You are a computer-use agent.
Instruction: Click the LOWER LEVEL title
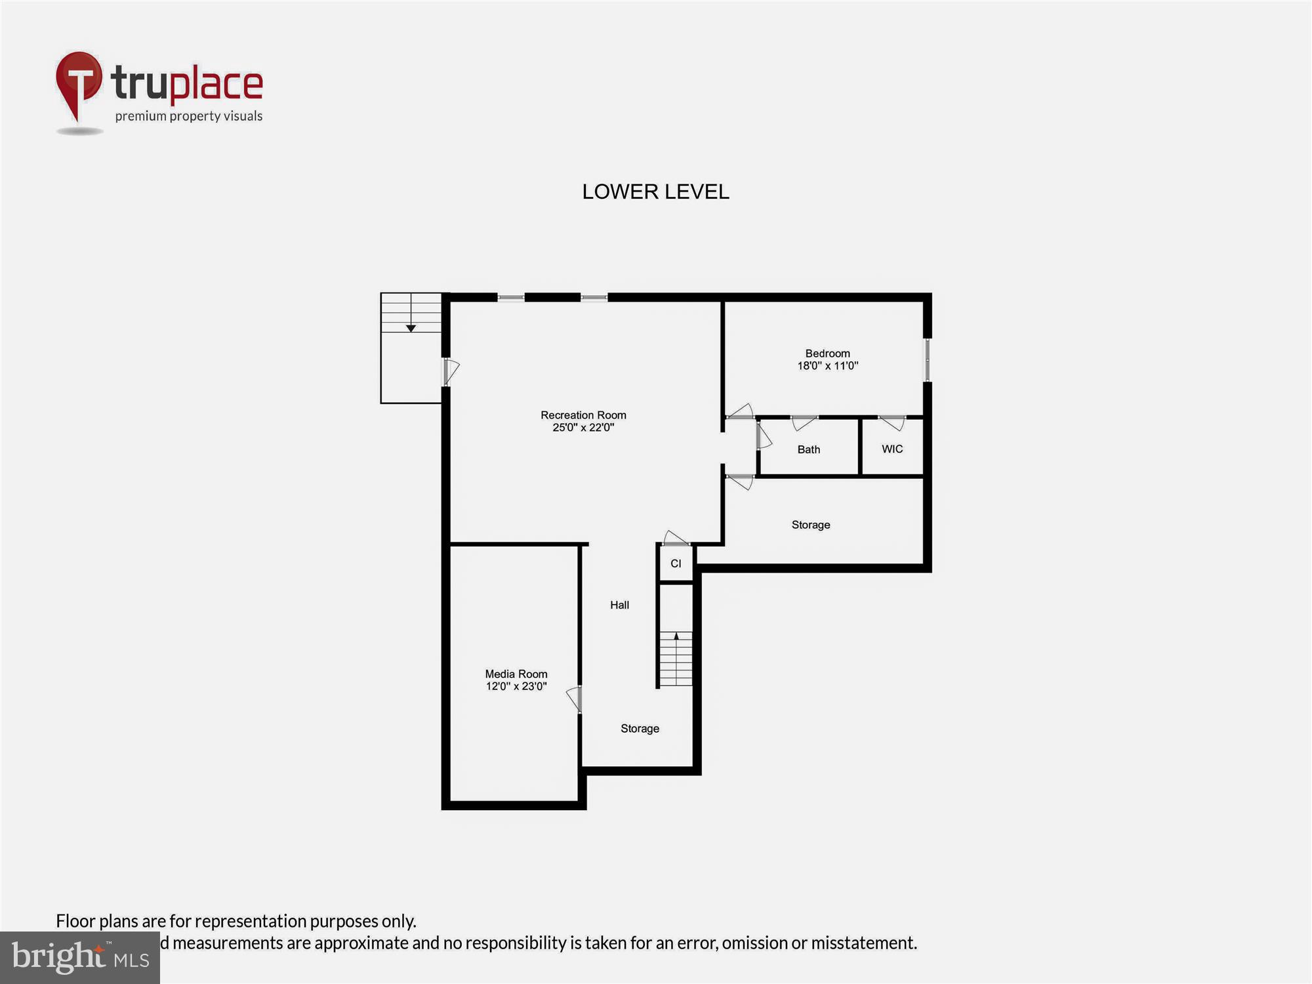click(655, 192)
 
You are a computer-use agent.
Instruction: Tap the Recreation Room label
click(583, 415)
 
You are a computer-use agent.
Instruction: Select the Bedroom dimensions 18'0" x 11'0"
click(827, 366)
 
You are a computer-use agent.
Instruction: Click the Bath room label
click(808, 449)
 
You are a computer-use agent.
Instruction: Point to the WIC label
click(892, 449)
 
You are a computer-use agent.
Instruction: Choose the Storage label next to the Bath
click(810, 525)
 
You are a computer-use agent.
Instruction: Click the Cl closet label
click(676, 564)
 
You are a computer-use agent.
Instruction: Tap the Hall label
click(619, 605)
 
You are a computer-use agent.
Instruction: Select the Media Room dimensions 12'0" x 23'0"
click(516, 686)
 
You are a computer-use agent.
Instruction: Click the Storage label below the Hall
click(640, 728)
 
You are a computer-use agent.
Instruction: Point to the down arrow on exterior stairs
click(411, 327)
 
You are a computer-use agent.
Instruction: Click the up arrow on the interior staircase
click(676, 636)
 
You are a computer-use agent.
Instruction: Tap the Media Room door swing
click(575, 699)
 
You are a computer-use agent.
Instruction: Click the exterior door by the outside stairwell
click(451, 371)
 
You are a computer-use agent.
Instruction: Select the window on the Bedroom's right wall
click(927, 359)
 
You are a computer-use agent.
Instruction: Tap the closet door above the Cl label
click(676, 539)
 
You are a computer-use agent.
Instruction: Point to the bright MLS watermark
click(80, 957)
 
